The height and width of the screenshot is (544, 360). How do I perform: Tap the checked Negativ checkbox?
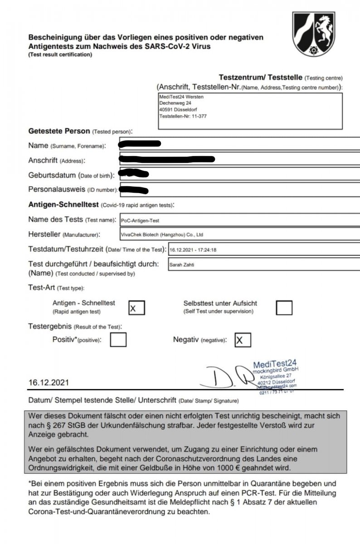point(243,340)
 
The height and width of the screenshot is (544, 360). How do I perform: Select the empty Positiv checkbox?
point(118,340)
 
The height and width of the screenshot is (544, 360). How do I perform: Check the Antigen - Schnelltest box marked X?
point(136,307)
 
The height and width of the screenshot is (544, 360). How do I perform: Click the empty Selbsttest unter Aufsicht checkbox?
point(284,307)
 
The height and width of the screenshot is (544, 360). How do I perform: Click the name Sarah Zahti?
point(181,264)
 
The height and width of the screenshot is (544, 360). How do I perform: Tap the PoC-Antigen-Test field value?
point(140,220)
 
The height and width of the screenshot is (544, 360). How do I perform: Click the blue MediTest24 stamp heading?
point(275,363)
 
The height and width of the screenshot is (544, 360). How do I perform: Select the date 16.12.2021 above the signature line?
point(49,382)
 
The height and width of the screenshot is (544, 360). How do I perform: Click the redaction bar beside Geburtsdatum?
point(133,174)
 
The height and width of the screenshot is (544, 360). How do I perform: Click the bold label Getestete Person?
point(59,131)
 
